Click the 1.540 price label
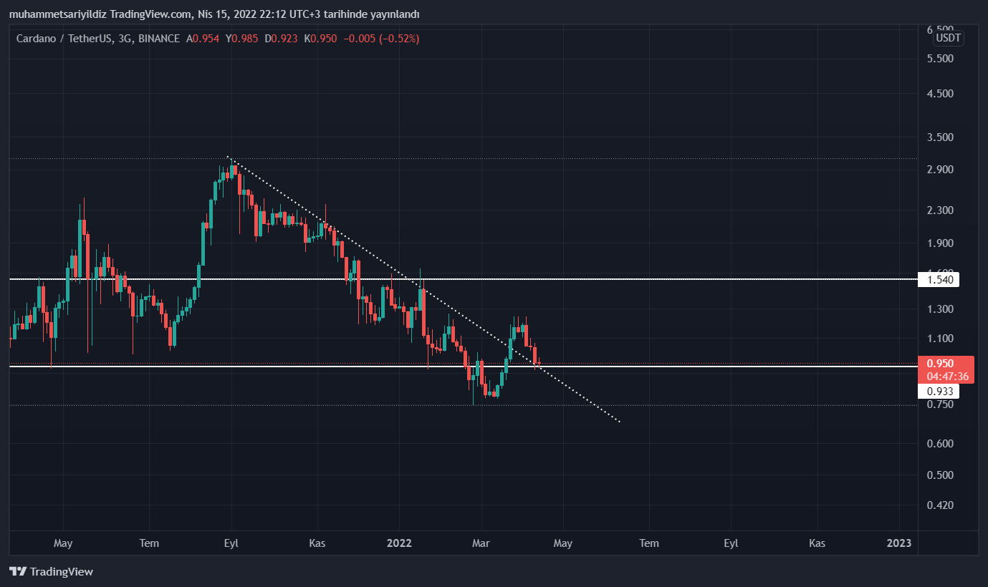[x=940, y=279]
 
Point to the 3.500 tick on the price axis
[x=940, y=137]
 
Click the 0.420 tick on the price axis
[x=940, y=505]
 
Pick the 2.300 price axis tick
[x=940, y=210]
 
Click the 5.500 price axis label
[x=940, y=58]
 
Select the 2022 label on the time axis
[x=399, y=543]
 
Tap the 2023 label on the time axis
[x=898, y=543]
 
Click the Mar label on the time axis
[x=481, y=543]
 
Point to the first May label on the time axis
[x=63, y=543]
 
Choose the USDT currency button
[x=949, y=38]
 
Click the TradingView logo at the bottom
[x=52, y=571]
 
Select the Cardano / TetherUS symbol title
[x=64, y=39]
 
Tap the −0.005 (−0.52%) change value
[x=381, y=39]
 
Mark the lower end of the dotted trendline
[x=619, y=422]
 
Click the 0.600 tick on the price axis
[x=940, y=443]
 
